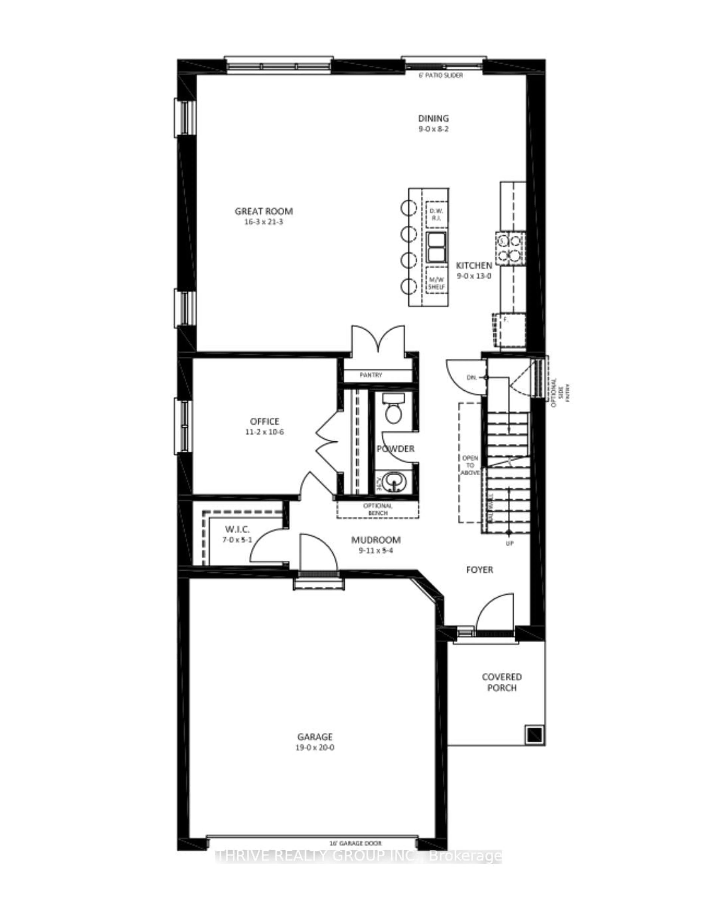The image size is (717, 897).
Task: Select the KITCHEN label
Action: tap(474, 265)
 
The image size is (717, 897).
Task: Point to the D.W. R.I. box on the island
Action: tap(436, 214)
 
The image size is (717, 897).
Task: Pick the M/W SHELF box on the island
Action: tap(436, 280)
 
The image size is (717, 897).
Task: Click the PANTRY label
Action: tap(371, 375)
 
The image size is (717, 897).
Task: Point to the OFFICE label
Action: tap(264, 421)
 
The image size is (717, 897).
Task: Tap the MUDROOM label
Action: tap(376, 540)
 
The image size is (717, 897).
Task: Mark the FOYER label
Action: tap(479, 570)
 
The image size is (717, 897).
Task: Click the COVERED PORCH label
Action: tap(502, 682)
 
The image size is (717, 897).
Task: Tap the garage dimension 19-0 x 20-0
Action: tap(315, 748)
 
